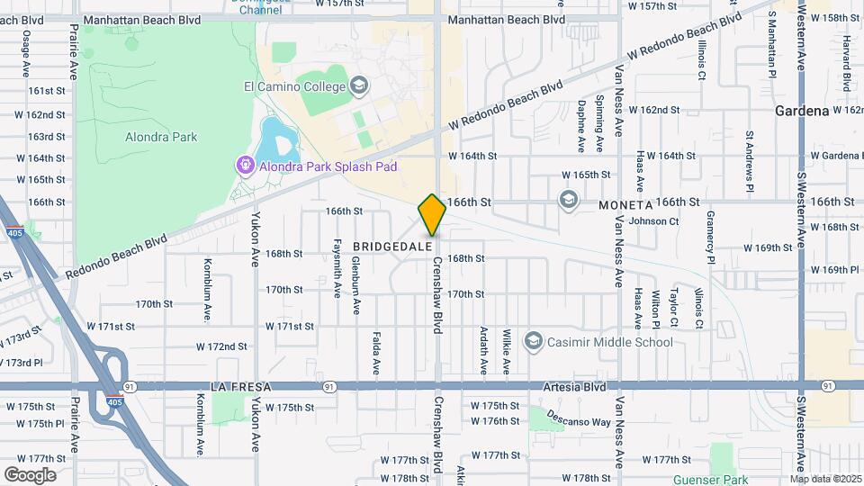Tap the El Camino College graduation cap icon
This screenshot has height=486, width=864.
pyautogui.click(x=359, y=86)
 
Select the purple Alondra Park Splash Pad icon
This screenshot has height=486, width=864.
pyautogui.click(x=245, y=166)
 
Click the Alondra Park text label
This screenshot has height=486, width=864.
pyautogui.click(x=162, y=138)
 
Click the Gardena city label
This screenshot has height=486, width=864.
pyautogui.click(x=802, y=112)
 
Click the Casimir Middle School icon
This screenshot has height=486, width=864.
pyautogui.click(x=534, y=341)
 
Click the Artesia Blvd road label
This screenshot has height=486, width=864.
pyautogui.click(x=581, y=386)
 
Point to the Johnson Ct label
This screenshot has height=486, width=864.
pyautogui.click(x=653, y=220)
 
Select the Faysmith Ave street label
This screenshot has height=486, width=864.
pyautogui.click(x=336, y=267)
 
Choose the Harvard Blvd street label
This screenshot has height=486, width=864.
pyautogui.click(x=846, y=63)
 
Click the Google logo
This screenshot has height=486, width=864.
pyautogui.click(x=30, y=474)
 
